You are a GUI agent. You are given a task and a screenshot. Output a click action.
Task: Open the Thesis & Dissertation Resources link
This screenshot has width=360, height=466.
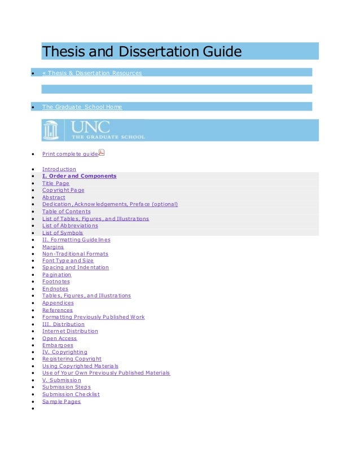pyautogui.click(x=92, y=73)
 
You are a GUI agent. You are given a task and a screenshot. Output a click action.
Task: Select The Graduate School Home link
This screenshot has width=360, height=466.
pyautogui.click(x=82, y=107)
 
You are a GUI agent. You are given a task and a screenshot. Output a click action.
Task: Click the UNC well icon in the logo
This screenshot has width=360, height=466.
pyautogui.click(x=51, y=130)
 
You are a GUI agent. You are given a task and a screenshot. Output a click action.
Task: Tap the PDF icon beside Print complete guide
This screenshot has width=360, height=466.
pyautogui.click(x=102, y=152)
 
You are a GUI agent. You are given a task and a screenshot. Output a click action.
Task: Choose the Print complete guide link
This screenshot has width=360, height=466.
pyautogui.click(x=70, y=153)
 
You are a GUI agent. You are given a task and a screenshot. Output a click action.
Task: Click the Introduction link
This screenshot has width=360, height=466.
pyautogui.click(x=59, y=169)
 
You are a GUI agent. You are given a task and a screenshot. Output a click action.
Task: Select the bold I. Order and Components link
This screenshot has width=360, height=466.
pyautogui.click(x=79, y=176)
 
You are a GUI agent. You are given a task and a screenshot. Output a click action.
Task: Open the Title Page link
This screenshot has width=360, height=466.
pyautogui.click(x=55, y=183)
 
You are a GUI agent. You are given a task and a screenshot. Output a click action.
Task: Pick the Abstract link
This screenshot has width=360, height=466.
pyautogui.click(x=54, y=197)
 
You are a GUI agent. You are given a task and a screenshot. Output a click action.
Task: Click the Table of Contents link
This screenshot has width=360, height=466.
pyautogui.click(x=66, y=212)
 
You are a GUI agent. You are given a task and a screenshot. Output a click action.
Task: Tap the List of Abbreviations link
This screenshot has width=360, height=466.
pyautogui.click(x=70, y=226)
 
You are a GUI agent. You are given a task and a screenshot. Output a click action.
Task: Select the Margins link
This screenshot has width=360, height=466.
pyautogui.click(x=52, y=247)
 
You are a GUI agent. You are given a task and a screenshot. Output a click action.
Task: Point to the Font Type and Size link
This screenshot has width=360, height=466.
pyautogui.click(x=68, y=261)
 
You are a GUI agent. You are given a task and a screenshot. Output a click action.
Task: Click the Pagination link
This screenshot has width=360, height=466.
pyautogui.click(x=56, y=275)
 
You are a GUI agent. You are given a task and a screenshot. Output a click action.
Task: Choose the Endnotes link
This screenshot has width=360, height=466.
pyautogui.click(x=55, y=289)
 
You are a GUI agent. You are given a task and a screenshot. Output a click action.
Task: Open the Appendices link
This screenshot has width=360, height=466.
pyautogui.click(x=58, y=303)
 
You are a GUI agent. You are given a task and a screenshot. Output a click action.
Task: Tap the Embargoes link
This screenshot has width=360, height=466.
pyautogui.click(x=58, y=345)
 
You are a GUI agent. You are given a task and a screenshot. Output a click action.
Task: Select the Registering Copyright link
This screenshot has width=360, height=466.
pyautogui.click(x=72, y=359)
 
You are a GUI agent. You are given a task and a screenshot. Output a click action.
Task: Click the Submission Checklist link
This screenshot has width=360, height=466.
pyautogui.click(x=71, y=394)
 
